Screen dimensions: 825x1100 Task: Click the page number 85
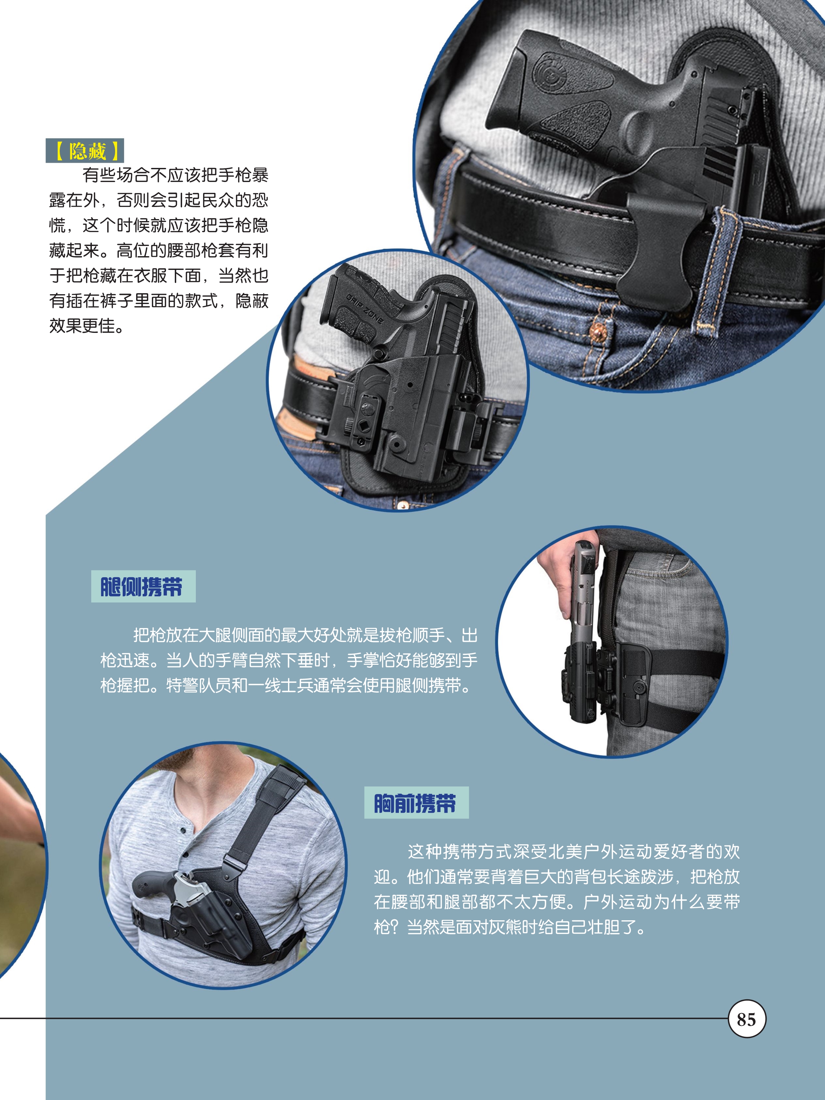pyautogui.click(x=746, y=1019)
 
